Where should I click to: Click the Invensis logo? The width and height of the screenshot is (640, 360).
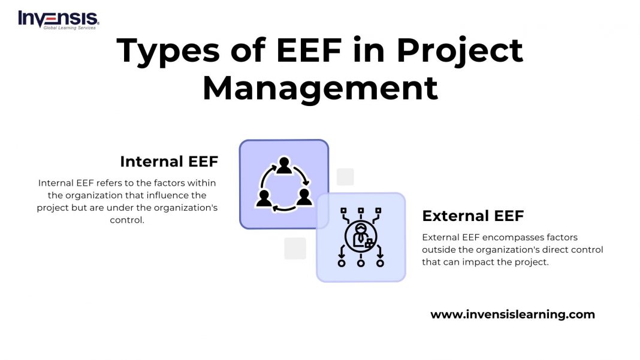[58, 19]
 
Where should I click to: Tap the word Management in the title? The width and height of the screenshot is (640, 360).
[320, 88]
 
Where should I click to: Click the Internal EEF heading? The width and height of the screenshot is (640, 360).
[169, 162]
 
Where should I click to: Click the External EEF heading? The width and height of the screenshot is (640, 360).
[473, 216]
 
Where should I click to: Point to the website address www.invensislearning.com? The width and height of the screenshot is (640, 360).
[513, 314]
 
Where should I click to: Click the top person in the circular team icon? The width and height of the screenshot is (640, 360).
[284, 165]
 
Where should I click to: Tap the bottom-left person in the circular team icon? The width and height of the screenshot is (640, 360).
[264, 198]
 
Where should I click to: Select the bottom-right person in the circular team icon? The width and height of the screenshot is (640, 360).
[304, 197]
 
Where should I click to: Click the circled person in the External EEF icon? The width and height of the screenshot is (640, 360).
[361, 237]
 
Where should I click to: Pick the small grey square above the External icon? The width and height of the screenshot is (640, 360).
[345, 177]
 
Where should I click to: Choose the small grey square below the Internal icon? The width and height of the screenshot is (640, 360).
[295, 248]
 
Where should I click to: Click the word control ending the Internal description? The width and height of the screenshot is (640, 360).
[127, 220]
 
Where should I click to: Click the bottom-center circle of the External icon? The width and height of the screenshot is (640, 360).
[361, 263]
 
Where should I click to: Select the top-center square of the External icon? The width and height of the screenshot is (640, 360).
[361, 211]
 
